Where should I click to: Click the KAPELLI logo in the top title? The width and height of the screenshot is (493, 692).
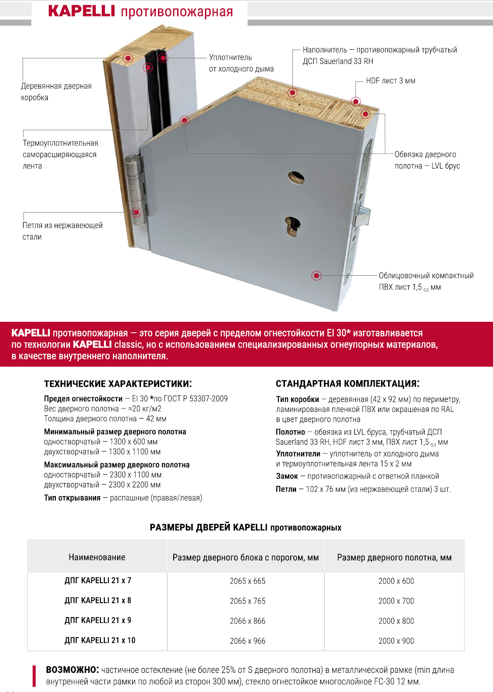tap(81, 11)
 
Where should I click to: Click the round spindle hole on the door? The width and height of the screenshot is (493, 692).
tap(296, 177)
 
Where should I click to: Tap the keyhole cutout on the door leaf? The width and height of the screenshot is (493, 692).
tap(293, 226)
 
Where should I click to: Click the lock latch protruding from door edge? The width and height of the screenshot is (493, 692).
tap(363, 216)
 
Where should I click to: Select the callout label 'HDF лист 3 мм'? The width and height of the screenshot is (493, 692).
tap(390, 81)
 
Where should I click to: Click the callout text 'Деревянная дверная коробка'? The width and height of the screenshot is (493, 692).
tap(56, 91)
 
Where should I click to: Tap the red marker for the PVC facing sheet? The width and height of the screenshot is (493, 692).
tap(317, 275)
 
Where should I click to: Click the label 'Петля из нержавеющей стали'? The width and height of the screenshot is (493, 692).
tap(62, 231)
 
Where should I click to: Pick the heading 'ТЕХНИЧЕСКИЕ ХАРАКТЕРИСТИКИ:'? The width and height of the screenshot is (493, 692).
tap(117, 384)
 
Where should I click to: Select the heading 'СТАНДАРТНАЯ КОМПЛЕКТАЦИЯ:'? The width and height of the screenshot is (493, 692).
tap(347, 384)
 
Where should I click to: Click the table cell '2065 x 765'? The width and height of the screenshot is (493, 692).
tap(247, 601)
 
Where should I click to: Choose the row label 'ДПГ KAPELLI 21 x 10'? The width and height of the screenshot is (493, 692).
tap(100, 640)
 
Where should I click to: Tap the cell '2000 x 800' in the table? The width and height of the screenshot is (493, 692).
tap(396, 621)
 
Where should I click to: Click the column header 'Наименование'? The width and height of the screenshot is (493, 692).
tap(97, 557)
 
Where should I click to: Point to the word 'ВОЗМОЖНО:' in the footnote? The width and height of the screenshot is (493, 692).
tap(72, 670)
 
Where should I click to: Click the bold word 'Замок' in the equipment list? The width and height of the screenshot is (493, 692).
tap(287, 476)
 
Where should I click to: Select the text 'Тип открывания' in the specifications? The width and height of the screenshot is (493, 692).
tap(72, 498)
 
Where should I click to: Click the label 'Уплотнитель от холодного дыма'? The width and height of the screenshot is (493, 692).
tap(241, 63)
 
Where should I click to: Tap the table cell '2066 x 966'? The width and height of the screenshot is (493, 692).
tap(247, 641)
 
